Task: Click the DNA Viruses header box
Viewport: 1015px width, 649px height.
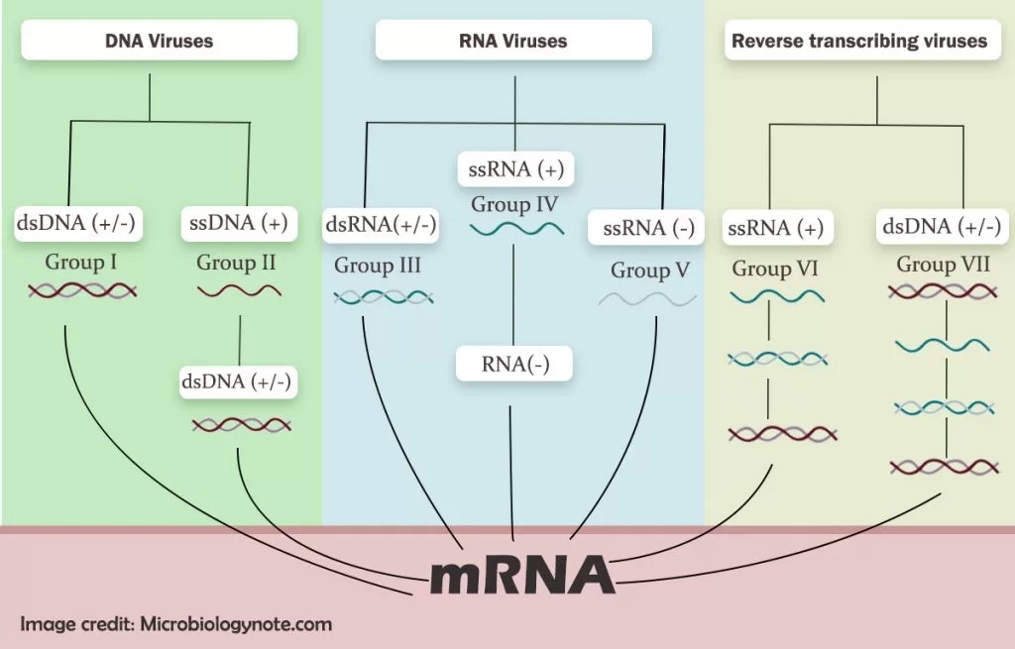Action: [160, 42]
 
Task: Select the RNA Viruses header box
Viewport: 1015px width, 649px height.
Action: [512, 42]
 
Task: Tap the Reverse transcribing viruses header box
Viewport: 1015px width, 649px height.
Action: [858, 42]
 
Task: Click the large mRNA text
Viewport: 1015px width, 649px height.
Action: [521, 574]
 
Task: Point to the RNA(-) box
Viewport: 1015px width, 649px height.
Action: [514, 365]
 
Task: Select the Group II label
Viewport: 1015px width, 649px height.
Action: [238, 263]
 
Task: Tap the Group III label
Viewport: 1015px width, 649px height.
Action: [378, 266]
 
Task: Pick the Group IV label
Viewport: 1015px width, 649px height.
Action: [514, 205]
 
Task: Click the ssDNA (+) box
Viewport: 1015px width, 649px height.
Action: [238, 224]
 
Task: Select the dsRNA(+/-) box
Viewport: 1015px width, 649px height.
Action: [381, 226]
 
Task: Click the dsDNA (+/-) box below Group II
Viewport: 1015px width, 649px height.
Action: [238, 381]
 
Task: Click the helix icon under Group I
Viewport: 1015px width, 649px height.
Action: [82, 291]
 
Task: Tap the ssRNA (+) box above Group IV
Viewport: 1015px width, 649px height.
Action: [514, 169]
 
